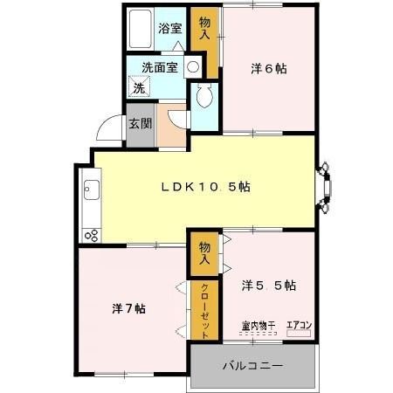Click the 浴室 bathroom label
pyautogui.click(x=170, y=28)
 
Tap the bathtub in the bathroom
pyautogui.click(x=141, y=29)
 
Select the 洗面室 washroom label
pyautogui.click(x=160, y=67)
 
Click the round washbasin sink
pyautogui.click(x=192, y=67)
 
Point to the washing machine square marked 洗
pyautogui.click(x=139, y=86)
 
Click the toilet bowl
pyautogui.click(x=204, y=96)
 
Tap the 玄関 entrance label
pyautogui.click(x=141, y=124)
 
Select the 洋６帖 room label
pyautogui.click(x=269, y=69)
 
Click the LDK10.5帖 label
pyautogui.click(x=206, y=187)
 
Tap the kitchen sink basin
pyautogui.click(x=92, y=190)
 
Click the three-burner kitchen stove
pyautogui.click(x=92, y=235)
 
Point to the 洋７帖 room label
pyautogui.click(x=128, y=308)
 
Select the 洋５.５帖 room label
pyautogui.click(x=269, y=286)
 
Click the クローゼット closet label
pyautogui.click(x=204, y=311)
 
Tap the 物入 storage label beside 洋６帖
pyautogui.click(x=204, y=28)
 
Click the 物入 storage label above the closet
pyautogui.click(x=204, y=253)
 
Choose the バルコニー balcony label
pyautogui.click(x=252, y=365)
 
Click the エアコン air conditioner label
pyautogui.click(x=299, y=325)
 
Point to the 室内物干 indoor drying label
pyautogui.click(x=259, y=326)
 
